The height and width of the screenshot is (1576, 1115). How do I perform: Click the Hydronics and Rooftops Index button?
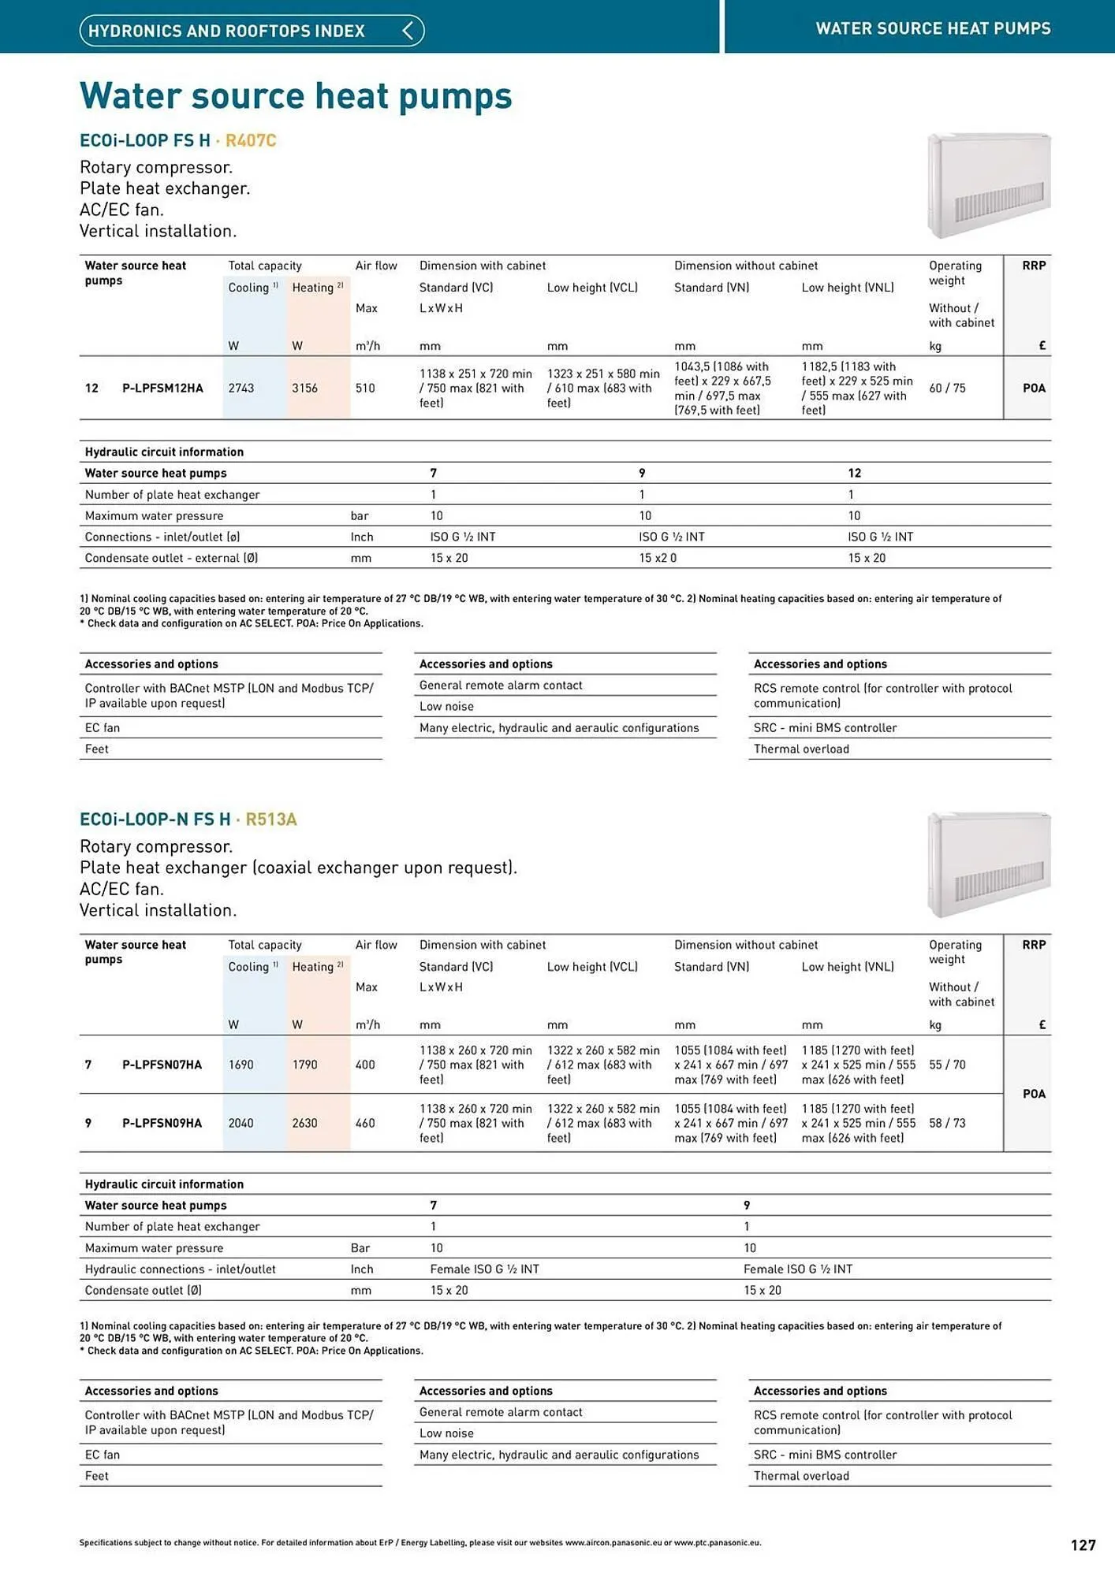251,31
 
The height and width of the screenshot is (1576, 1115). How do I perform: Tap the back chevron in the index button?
408,31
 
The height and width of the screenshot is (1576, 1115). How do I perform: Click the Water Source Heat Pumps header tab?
932,28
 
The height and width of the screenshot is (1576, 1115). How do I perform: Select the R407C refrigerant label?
251,140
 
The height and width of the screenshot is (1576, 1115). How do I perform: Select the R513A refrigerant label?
270,819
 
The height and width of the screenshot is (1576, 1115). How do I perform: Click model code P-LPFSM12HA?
162,388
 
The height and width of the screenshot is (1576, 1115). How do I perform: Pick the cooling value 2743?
241,388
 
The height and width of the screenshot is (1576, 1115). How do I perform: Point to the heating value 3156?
304,388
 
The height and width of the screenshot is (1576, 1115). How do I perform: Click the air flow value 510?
365,388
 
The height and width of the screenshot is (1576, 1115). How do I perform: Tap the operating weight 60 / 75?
947,388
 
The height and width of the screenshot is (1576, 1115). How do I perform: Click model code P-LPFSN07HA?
162,1065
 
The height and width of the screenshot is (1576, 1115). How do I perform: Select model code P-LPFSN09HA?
162,1123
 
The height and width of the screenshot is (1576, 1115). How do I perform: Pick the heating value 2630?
304,1123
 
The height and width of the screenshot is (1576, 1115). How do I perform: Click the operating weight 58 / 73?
947,1123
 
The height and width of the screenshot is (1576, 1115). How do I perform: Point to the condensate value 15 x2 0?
658,558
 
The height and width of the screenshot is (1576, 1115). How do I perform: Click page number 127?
1083,1545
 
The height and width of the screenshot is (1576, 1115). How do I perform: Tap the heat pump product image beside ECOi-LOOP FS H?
989,185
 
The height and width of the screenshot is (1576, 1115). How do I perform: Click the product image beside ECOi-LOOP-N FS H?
989,864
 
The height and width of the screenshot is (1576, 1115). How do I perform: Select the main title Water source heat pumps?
296,96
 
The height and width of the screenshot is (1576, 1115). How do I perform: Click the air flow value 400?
365,1065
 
